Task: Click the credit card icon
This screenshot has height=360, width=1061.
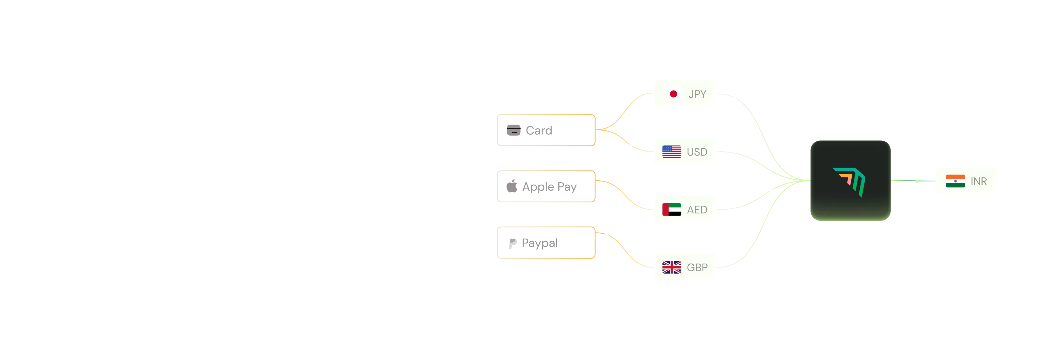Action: (x=514, y=130)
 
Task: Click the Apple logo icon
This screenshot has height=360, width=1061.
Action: (x=512, y=186)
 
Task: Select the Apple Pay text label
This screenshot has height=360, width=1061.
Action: (x=549, y=187)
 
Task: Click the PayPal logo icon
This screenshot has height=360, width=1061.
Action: (x=512, y=243)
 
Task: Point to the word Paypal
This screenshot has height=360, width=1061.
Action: (x=540, y=243)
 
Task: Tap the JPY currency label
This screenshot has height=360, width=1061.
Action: (x=697, y=94)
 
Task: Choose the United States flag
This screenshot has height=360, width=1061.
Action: (x=671, y=152)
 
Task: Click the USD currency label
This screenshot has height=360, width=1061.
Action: (x=697, y=152)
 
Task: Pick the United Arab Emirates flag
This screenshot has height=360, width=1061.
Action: (x=671, y=209)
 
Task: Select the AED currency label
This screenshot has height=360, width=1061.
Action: (x=697, y=210)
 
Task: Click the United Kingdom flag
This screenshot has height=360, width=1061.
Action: (x=671, y=267)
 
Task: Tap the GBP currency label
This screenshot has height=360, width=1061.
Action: (x=697, y=267)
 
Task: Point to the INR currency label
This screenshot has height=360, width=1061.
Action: (x=979, y=181)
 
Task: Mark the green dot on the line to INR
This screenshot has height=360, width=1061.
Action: (x=917, y=181)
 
